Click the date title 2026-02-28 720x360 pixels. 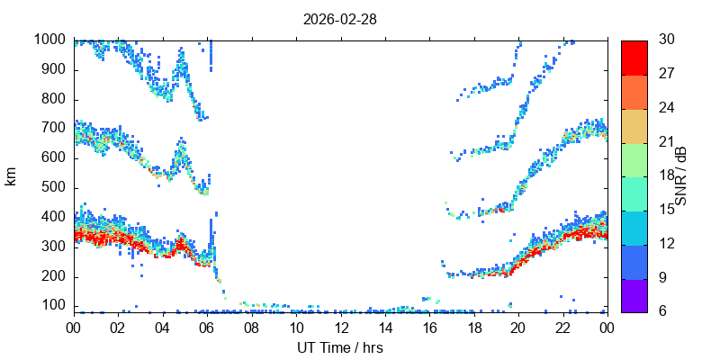pyautogui.click(x=340, y=20)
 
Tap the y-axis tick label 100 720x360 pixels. pyautogui.click(x=58, y=306)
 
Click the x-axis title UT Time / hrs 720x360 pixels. pyautogui.click(x=340, y=347)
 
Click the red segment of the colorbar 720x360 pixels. pyautogui.click(x=634, y=58)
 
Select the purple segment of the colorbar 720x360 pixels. pyautogui.click(x=634, y=296)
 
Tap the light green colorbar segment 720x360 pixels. pyautogui.click(x=634, y=160)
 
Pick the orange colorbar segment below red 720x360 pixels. pyautogui.click(x=634, y=92)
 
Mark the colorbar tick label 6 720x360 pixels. pyautogui.click(x=663, y=310)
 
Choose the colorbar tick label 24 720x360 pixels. pyautogui.click(x=667, y=107)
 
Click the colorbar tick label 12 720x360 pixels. pyautogui.click(x=667, y=243)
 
